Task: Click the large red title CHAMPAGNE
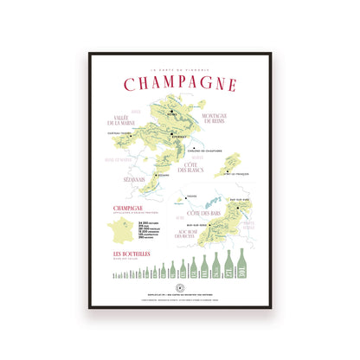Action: pos(180,84)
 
